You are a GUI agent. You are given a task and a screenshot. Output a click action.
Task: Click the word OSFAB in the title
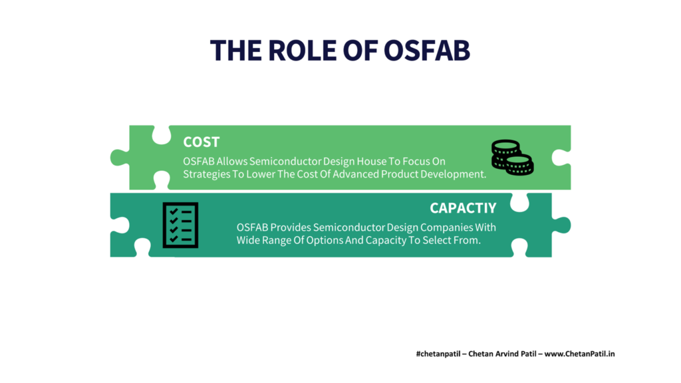[x=426, y=51]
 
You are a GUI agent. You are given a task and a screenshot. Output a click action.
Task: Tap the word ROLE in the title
[x=303, y=51]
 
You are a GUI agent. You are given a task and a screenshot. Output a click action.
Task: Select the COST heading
[x=201, y=142]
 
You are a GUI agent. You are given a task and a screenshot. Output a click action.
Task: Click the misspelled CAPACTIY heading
[x=463, y=208]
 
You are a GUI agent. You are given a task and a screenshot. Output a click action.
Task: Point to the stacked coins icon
[x=513, y=157]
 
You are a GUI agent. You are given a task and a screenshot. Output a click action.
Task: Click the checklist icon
[x=180, y=225]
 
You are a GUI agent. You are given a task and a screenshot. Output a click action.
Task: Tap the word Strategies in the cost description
[x=206, y=174]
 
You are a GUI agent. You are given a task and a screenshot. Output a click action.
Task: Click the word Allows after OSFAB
[x=231, y=162]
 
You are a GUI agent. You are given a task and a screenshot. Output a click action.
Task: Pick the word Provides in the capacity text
[x=291, y=227]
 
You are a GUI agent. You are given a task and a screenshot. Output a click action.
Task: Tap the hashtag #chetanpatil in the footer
[x=438, y=354]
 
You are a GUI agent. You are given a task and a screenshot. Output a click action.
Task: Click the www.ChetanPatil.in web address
[x=579, y=354]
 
